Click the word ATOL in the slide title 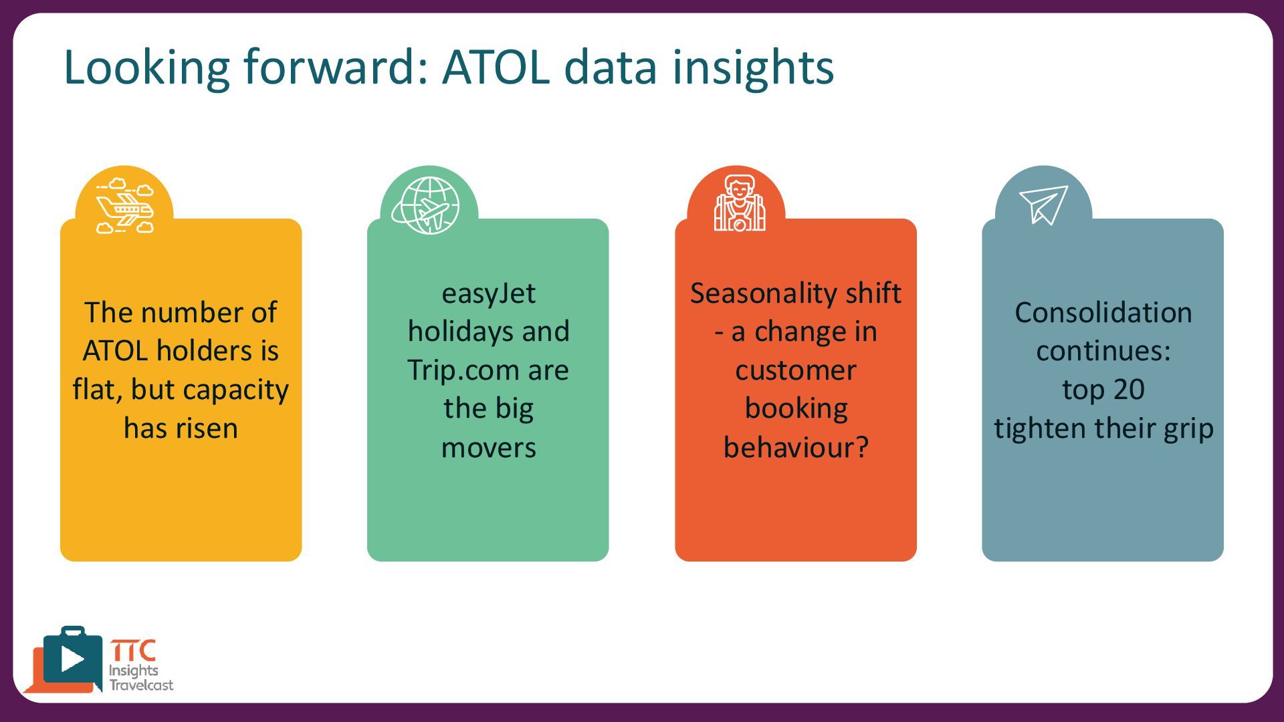point(496,67)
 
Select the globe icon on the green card point(426,205)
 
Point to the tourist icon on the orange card point(739,203)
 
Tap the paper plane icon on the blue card point(1043,204)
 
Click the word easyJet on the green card point(488,294)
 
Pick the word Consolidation point(1103,313)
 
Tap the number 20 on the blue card point(1130,390)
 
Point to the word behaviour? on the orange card point(796,447)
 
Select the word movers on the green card point(488,448)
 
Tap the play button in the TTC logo point(72,658)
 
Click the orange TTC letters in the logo point(134,650)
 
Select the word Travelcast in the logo point(141,685)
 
